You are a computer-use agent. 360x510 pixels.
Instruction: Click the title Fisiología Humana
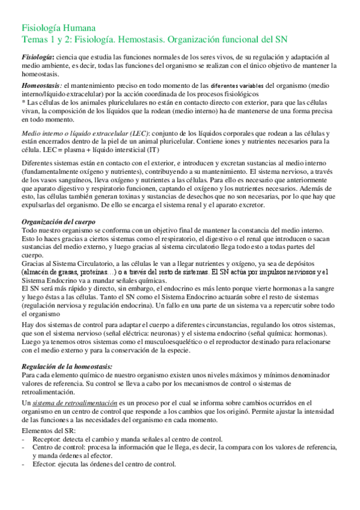pyautogui.click(x=58, y=28)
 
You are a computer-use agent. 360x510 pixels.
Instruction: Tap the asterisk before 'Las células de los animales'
pyautogui.click(x=23, y=103)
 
